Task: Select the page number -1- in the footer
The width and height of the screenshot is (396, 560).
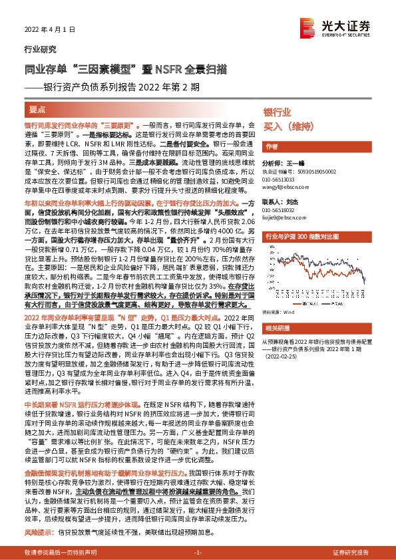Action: pos(198,553)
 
